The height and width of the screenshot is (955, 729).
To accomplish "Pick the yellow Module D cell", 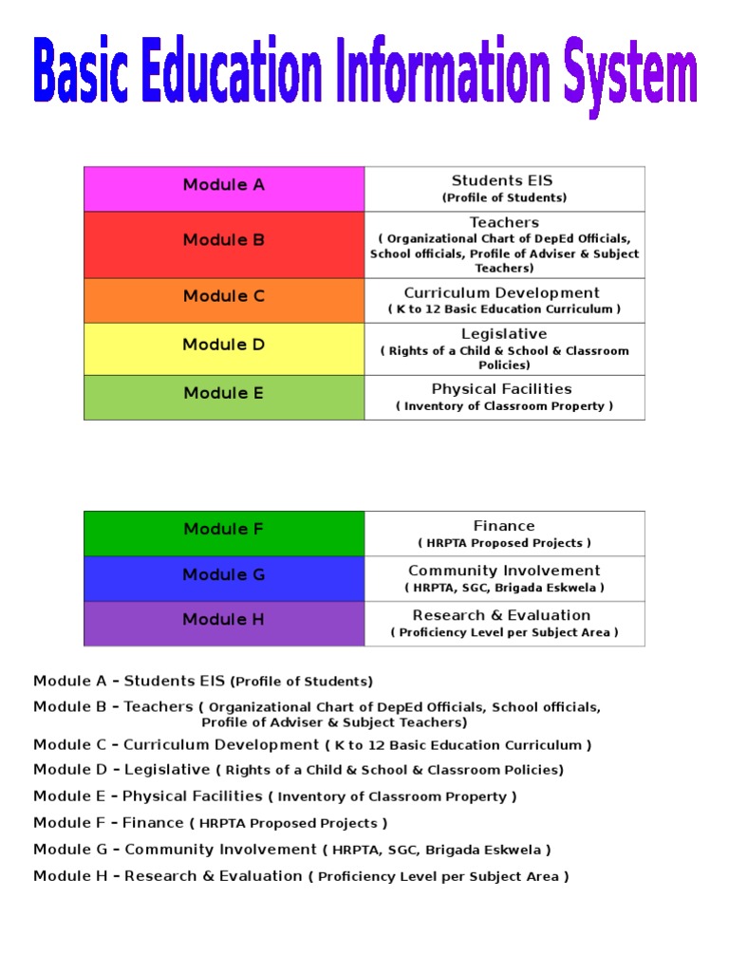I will pyautogui.click(x=224, y=348).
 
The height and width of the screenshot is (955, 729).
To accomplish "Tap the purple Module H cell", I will pyautogui.click(x=224, y=623).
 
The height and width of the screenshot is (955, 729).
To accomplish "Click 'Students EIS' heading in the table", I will pyautogui.click(x=502, y=180).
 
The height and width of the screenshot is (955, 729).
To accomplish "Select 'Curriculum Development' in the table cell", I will pyautogui.click(x=502, y=293).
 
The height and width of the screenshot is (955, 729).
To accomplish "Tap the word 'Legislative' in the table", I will pyautogui.click(x=504, y=334).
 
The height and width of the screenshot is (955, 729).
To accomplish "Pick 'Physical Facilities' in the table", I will pyautogui.click(x=502, y=389).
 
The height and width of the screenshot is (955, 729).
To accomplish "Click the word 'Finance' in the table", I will pyautogui.click(x=504, y=526).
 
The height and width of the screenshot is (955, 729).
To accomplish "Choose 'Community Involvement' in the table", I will pyautogui.click(x=504, y=571).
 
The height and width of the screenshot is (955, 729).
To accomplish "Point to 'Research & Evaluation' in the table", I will pyautogui.click(x=503, y=615).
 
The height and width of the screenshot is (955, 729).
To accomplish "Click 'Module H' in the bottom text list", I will pyautogui.click(x=70, y=876).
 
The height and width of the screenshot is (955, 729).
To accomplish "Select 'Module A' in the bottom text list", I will pyautogui.click(x=70, y=681).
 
